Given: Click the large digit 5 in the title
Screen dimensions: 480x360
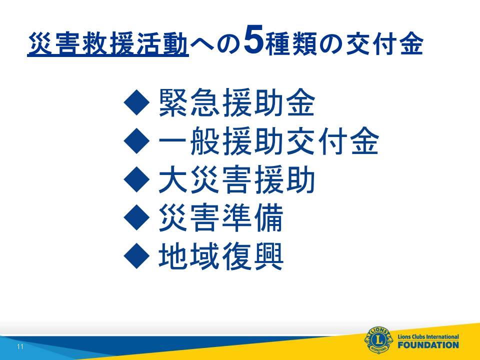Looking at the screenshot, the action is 254,39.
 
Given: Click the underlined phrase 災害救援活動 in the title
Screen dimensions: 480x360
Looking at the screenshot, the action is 108,44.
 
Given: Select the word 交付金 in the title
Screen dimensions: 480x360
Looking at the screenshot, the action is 384,44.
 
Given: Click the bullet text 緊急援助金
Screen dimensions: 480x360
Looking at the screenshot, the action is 237,102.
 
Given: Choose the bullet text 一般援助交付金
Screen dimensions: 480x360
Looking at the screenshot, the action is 269,141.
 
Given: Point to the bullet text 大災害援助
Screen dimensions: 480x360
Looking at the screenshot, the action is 237,179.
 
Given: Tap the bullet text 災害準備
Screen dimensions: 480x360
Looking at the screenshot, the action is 221,218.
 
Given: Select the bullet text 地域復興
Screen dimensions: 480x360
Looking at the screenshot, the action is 221,256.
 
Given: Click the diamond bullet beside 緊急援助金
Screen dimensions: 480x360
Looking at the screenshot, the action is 137,102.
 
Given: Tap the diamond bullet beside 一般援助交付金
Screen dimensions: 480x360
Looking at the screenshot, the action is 137,141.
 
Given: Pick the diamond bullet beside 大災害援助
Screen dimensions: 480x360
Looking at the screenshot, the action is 137,179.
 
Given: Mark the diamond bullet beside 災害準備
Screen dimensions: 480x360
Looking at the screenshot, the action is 137,217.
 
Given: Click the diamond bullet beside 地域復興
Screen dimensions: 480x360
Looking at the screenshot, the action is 137,256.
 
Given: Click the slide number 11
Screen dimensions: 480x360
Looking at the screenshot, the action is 20,346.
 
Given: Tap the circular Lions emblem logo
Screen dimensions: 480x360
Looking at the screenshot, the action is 378,340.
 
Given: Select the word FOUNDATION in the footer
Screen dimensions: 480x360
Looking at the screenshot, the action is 428,345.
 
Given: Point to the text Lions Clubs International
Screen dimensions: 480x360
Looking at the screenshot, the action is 428,336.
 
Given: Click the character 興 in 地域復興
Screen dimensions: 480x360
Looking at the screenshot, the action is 268,256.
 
